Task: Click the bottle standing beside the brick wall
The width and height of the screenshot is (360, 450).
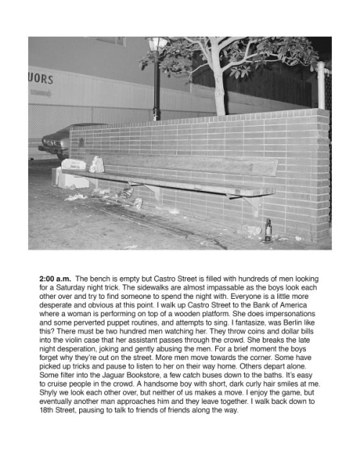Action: [x=268, y=230]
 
